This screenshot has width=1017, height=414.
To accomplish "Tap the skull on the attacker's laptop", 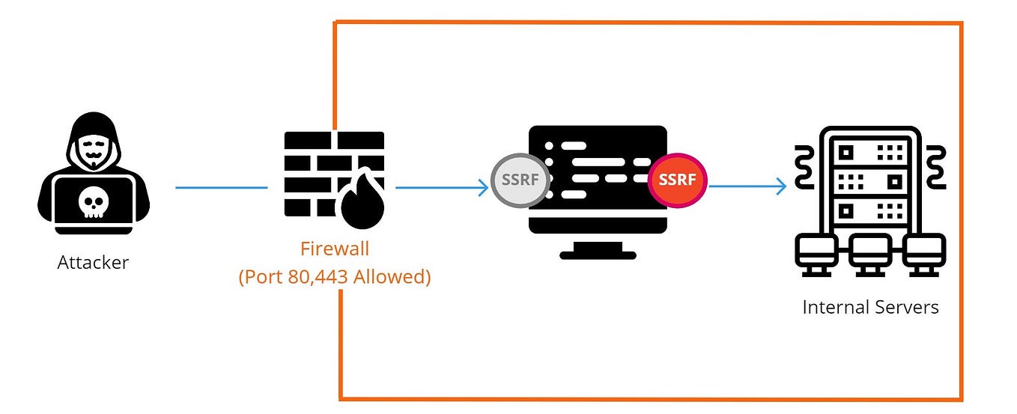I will [93, 201].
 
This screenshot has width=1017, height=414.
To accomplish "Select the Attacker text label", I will [93, 263].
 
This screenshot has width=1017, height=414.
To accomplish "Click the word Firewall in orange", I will [334, 248].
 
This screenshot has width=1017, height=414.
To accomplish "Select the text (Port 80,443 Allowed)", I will [334, 276].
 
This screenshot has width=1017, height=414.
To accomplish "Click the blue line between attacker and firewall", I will [221, 187].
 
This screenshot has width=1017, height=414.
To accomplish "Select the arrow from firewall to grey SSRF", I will [442, 187].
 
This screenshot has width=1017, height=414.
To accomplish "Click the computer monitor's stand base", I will [598, 255].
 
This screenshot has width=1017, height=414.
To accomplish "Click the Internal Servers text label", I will [870, 307].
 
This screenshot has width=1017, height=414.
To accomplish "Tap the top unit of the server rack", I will [869, 152].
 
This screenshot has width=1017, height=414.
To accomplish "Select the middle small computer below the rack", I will [869, 251].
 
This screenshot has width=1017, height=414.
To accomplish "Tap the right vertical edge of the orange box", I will [961, 210].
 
